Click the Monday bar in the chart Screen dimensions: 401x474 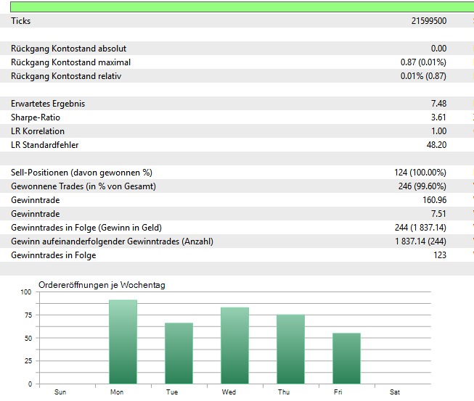tap(123, 342)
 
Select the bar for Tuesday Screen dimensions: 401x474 tap(179, 353)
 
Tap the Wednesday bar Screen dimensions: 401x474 tap(234, 345)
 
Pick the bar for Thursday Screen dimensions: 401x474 tap(290, 349)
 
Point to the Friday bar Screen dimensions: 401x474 tap(346, 358)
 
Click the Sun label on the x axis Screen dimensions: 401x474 tap(60, 392)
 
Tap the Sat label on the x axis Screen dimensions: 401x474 tap(395, 392)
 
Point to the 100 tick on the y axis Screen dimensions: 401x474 tap(26, 292)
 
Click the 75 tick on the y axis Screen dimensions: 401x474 tap(28, 315)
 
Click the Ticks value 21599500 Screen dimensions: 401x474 tap(428, 21)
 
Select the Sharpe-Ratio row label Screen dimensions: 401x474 tap(36, 117)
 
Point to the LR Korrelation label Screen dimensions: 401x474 tap(38, 131)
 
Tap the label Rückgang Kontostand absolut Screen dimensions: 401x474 tap(68, 49)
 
